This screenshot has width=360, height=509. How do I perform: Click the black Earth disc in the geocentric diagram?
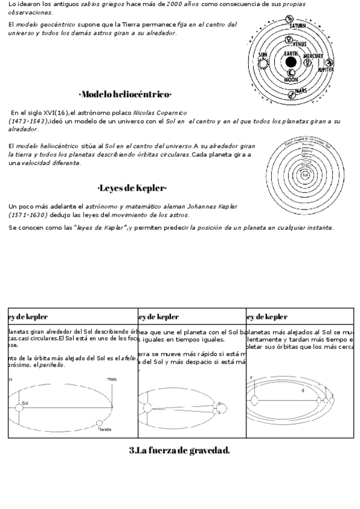point(291,62)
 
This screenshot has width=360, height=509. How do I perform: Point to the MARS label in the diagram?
point(301,91)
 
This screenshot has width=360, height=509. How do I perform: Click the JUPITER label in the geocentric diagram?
point(326,70)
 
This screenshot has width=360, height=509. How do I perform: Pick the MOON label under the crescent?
point(291,79)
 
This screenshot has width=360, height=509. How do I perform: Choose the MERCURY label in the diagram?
point(313,56)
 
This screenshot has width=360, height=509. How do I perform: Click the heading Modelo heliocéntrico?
point(125,94)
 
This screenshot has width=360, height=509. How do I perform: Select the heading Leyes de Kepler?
point(132,188)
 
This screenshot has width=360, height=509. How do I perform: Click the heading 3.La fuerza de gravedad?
point(179,450)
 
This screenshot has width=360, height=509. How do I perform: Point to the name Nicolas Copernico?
point(160,112)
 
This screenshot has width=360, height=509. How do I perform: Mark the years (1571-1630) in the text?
point(28,214)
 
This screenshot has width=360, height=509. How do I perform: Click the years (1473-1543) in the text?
point(28,121)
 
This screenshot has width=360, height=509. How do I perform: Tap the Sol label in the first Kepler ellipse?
point(25,403)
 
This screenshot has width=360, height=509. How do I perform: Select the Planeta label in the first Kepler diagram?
point(105,430)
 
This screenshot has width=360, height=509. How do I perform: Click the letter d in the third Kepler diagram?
point(303,391)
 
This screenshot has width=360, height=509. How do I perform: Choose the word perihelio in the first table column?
point(52,365)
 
